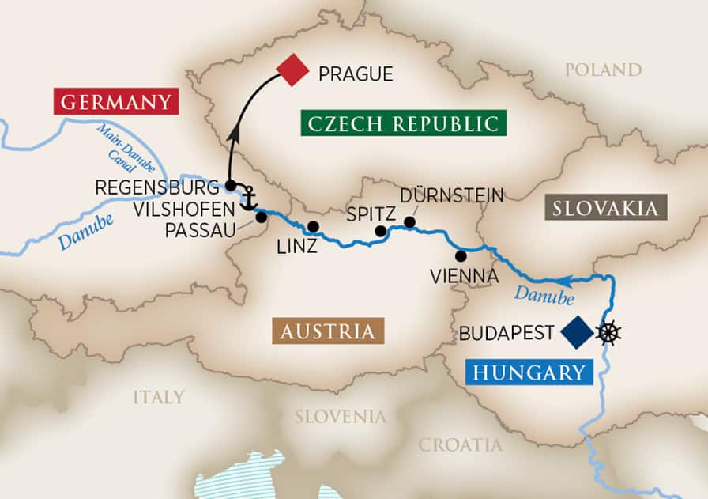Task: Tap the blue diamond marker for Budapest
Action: tap(577, 332)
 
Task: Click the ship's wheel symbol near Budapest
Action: tap(608, 332)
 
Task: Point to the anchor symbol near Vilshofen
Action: tap(250, 198)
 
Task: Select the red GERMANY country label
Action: tap(115, 102)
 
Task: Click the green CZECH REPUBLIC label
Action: tap(403, 123)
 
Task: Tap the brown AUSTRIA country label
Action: tap(327, 330)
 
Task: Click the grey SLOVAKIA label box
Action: tap(605, 208)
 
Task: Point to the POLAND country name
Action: tap(603, 70)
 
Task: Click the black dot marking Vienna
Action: tap(461, 256)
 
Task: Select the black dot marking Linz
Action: tap(313, 227)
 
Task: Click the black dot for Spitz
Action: tap(380, 232)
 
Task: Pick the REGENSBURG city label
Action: tap(156, 188)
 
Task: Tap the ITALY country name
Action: tap(158, 396)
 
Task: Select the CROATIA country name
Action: tap(461, 444)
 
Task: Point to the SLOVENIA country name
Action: tap(341, 416)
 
